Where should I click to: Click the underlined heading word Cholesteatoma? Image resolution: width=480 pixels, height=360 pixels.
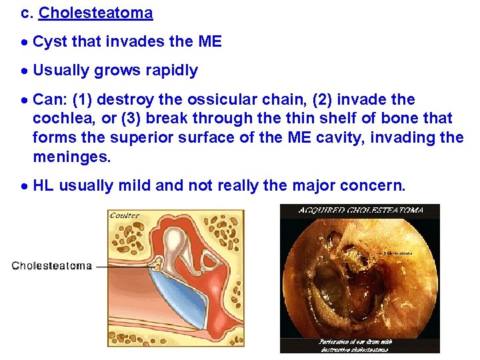96,13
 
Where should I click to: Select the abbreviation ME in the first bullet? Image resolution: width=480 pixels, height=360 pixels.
210,42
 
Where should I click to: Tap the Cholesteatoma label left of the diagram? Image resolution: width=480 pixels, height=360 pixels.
52,266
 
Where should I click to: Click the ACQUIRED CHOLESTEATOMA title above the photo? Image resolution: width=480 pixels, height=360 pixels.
361,210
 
